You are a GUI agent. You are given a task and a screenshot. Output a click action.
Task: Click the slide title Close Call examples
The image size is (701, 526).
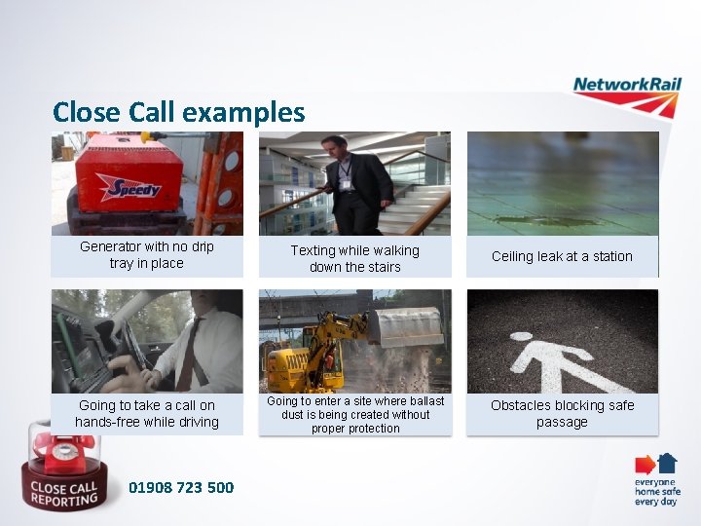pos(178,112)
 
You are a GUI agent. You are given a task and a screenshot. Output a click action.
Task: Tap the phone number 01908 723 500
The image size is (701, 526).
pos(181,487)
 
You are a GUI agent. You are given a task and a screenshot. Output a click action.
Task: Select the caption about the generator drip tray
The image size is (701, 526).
pos(146,255)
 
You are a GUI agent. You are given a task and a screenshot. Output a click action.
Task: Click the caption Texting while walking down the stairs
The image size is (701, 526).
pos(354,258)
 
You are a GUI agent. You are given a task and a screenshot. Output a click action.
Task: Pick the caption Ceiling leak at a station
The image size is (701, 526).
pos(562,256)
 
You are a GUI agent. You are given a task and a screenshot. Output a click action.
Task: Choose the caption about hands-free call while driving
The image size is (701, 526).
pos(146,414)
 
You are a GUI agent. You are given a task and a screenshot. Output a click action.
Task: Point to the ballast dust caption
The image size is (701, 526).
pos(354,414)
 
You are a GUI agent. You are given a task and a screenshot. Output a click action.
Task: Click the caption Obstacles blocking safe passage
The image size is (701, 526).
pos(562,414)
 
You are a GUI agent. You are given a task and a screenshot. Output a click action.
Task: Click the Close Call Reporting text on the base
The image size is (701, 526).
pos(62,494)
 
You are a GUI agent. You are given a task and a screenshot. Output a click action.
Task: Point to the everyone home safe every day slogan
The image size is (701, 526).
pos(655,492)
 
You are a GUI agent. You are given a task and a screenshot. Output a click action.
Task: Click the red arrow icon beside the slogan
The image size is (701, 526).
pos(644,465)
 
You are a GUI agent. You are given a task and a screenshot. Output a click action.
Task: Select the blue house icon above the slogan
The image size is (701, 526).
pos(667,462)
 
